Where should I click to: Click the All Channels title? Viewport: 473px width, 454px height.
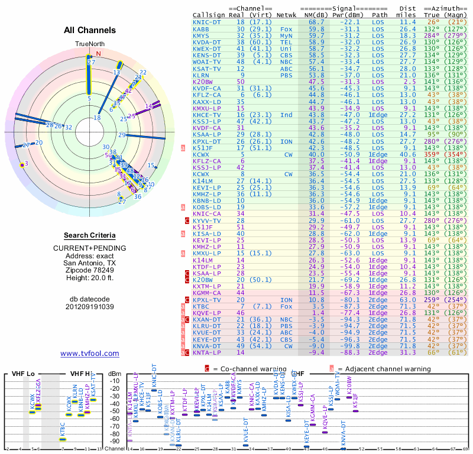coord(90,30)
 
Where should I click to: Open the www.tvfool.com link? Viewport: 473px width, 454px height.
coord(90,354)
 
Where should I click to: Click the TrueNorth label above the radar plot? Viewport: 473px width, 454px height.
coord(89,44)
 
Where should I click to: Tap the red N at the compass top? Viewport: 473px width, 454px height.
coord(99,53)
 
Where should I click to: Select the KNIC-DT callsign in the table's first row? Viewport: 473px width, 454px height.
coord(209,22)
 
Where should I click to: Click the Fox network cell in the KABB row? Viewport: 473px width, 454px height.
coord(286,28)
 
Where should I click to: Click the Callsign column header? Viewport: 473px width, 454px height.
coord(209,14)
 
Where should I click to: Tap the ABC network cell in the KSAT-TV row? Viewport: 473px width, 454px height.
coord(286,69)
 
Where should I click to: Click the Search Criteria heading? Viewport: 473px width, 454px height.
coord(90,235)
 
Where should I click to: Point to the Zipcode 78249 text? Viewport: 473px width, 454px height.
coord(90,270)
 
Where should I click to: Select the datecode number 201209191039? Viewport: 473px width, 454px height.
coord(90,307)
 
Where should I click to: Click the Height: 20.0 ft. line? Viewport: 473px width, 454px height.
coord(90,278)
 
